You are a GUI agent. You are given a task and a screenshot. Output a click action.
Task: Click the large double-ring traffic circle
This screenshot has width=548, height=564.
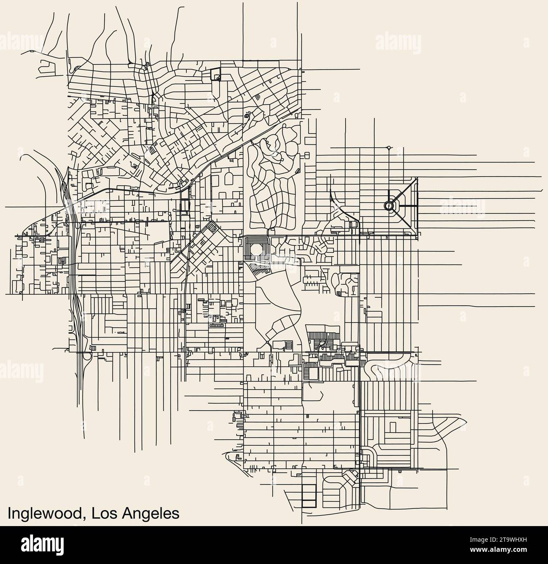click(x=388, y=206)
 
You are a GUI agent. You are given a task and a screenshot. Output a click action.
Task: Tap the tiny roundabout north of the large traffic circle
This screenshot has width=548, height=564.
click(x=388, y=148)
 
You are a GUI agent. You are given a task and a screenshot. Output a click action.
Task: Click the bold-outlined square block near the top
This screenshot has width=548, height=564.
click(x=215, y=74)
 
